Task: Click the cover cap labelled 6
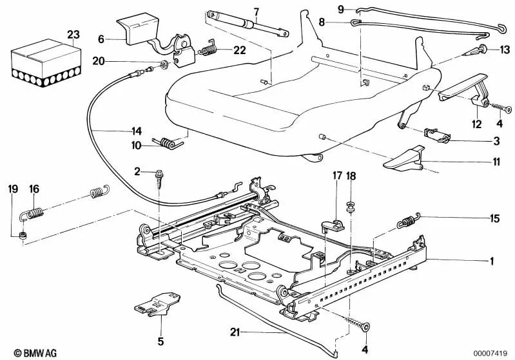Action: click(x=137, y=28)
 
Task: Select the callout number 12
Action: click(x=476, y=123)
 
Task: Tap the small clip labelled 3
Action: click(x=438, y=135)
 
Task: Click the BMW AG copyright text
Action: click(x=25, y=352)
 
